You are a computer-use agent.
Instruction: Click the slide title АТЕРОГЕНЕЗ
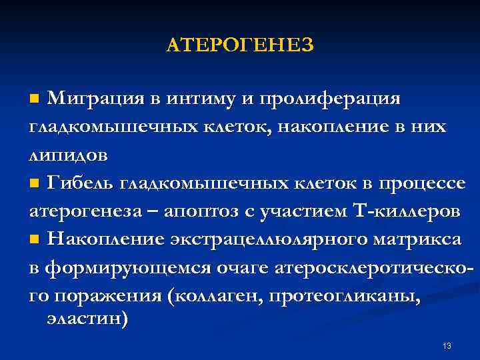click(x=239, y=45)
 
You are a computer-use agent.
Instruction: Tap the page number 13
click(x=447, y=345)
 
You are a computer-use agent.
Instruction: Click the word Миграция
click(x=95, y=99)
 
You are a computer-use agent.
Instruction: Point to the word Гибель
click(x=85, y=183)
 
